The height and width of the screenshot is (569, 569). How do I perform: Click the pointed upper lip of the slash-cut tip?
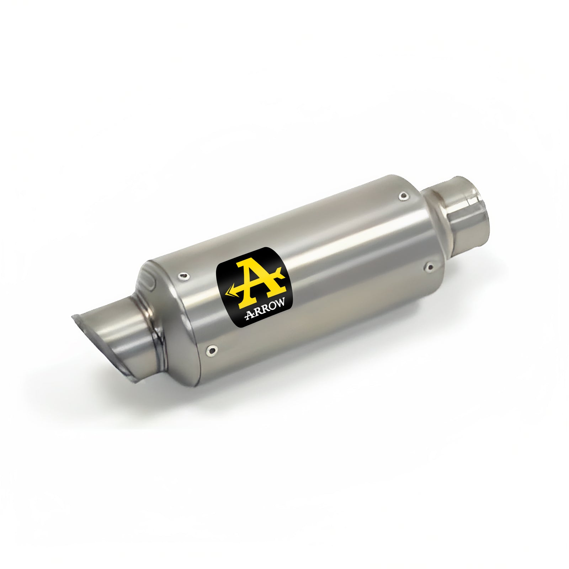[x=74, y=316]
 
